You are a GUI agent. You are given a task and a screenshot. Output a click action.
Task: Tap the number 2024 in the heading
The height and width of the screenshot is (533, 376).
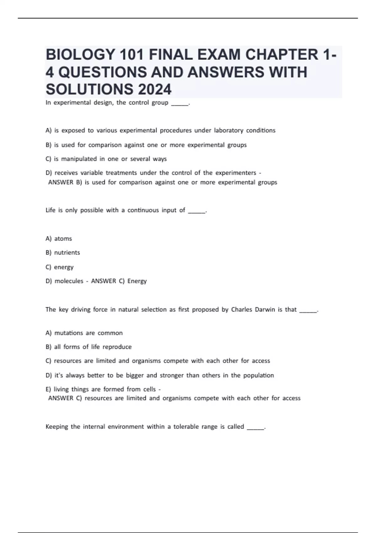click(x=154, y=89)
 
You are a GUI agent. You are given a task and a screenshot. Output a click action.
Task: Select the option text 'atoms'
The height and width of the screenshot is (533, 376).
click(x=63, y=239)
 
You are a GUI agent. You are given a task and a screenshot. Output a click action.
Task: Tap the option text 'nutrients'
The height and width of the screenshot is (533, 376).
click(x=67, y=253)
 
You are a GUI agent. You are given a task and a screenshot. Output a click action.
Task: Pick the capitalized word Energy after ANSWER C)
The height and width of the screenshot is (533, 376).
click(x=137, y=281)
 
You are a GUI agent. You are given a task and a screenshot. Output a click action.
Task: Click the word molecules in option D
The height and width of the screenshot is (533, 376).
click(x=69, y=281)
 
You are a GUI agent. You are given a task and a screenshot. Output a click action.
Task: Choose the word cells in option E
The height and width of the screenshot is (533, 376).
click(x=149, y=389)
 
